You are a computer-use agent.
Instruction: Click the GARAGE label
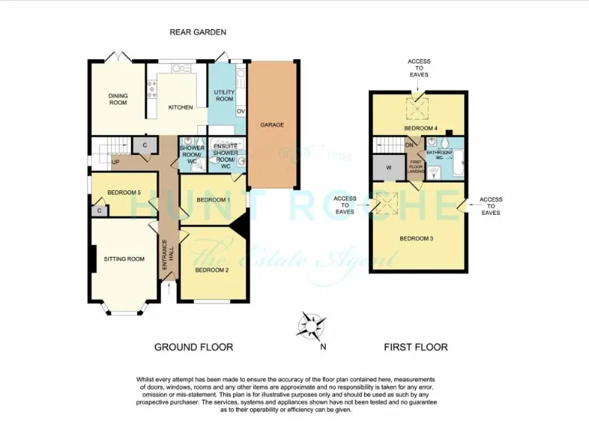pyautogui.click(x=272, y=124)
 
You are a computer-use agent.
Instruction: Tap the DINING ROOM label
pyautogui.click(x=117, y=99)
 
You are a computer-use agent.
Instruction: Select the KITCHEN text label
pyautogui.click(x=180, y=107)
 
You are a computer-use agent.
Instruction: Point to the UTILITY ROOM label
pyautogui.click(x=224, y=96)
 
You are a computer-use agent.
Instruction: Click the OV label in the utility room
pyautogui.click(x=240, y=111)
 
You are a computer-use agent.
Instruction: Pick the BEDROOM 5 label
pyautogui.click(x=124, y=192)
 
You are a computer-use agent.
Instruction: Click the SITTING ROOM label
pyautogui.click(x=124, y=259)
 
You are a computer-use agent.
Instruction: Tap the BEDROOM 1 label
pyautogui.click(x=213, y=200)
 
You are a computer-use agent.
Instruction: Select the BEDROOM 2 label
pyautogui.click(x=212, y=270)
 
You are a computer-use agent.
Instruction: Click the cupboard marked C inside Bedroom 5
pyautogui.click(x=99, y=210)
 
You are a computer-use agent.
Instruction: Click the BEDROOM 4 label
pyautogui.click(x=421, y=127)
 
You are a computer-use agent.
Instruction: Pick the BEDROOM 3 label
pyautogui.click(x=416, y=239)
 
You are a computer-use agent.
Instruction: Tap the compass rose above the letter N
pyautogui.click(x=311, y=326)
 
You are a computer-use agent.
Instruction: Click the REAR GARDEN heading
pyautogui.click(x=198, y=31)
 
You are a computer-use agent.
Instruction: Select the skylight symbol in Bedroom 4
pyautogui.click(x=418, y=107)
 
